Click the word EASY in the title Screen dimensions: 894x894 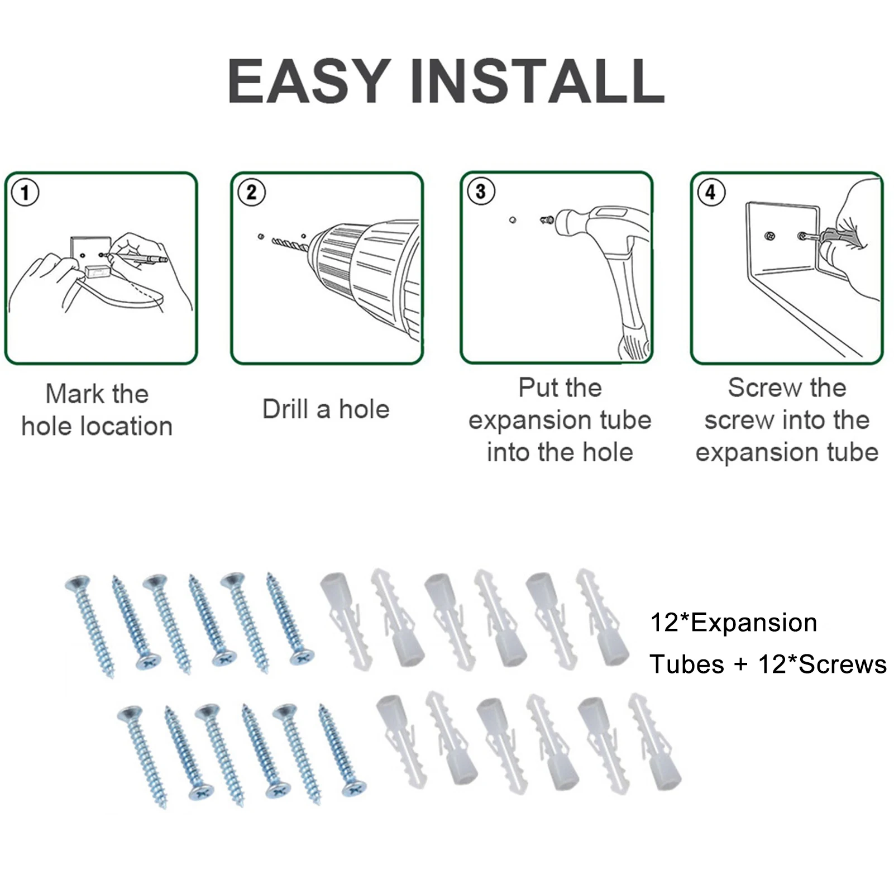[309, 82]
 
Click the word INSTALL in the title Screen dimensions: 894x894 [538, 82]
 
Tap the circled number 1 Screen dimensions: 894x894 [25, 193]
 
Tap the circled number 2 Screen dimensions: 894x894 [251, 193]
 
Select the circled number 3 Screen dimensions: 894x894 [481, 192]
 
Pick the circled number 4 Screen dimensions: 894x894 [711, 193]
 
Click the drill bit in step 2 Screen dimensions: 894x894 [289, 244]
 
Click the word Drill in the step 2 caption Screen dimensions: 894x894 [285, 409]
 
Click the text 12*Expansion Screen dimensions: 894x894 [734, 623]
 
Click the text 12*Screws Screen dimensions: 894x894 [823, 664]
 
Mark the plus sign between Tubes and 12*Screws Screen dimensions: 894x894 [741, 665]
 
